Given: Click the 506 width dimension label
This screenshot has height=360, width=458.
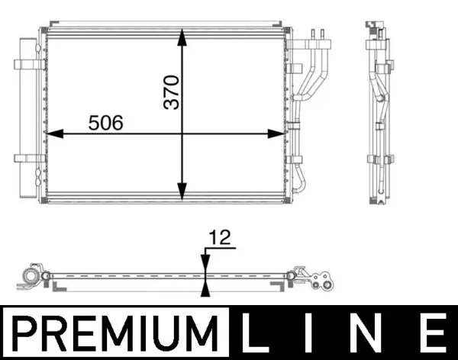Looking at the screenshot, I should pos(106,122).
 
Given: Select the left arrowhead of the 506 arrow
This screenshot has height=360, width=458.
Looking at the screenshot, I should pos(52,134).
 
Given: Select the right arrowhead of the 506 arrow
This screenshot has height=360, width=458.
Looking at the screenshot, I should pos(278,134).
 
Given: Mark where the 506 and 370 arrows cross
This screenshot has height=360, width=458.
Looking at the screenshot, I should pos(182,134).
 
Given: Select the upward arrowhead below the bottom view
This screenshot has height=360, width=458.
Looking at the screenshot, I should pos(204,288).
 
